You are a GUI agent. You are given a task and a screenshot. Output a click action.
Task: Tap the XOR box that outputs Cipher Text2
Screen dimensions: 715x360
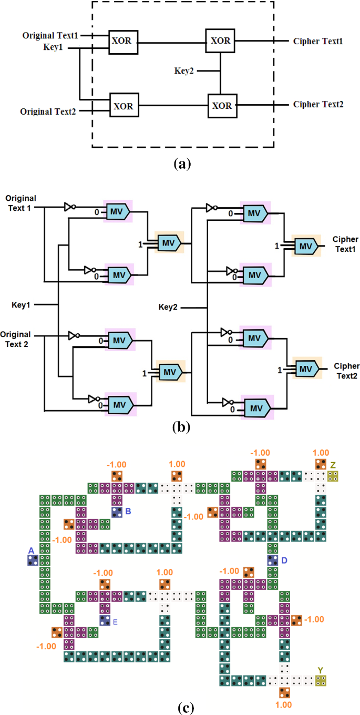221,106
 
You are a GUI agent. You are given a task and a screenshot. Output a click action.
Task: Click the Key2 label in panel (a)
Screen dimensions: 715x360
184,70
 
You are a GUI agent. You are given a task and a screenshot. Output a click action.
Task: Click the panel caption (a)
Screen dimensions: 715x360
182,164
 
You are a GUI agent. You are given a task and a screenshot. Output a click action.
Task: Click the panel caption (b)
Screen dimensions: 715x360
182,426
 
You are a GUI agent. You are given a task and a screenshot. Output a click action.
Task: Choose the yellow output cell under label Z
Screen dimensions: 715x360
333,476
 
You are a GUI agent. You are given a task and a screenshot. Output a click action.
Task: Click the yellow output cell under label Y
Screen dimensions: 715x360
320,681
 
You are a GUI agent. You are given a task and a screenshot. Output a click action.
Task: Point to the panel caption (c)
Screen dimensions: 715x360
181,708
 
